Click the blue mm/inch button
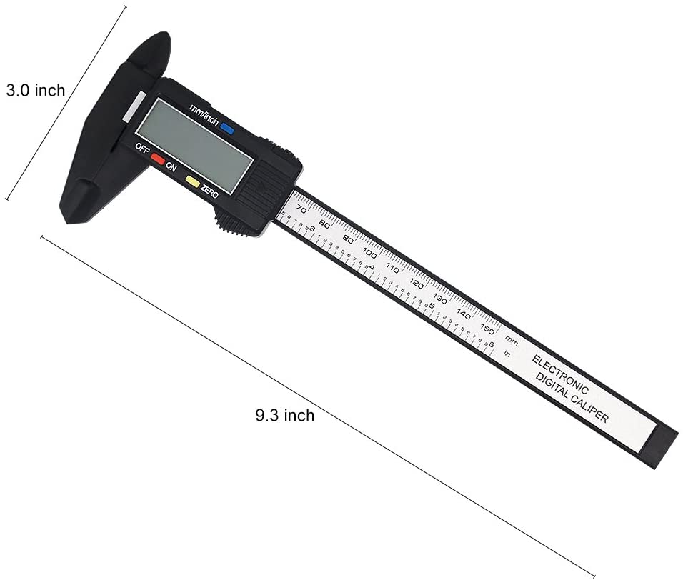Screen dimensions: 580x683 coord(227,129)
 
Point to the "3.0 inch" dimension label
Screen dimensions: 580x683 coord(35,91)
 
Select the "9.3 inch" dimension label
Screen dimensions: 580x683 coord(284,415)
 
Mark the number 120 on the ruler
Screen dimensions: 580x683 coord(417,283)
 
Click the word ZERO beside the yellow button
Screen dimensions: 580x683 coord(209,191)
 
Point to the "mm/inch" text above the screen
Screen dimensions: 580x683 coord(203,114)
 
